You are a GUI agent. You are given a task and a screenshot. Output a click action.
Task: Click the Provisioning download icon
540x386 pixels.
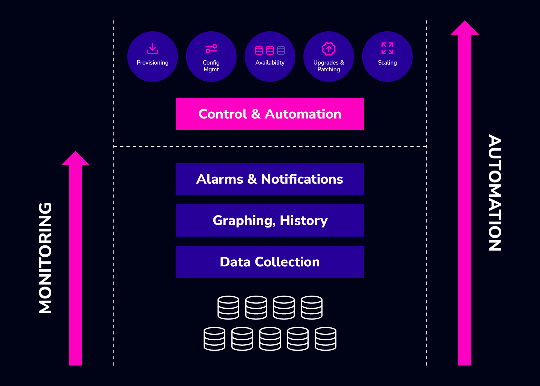153,48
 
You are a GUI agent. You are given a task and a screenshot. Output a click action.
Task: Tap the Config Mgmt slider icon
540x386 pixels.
211,48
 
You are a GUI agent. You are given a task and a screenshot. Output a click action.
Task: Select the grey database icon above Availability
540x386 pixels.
281,50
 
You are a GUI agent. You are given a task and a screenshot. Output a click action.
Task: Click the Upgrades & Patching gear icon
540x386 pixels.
329,49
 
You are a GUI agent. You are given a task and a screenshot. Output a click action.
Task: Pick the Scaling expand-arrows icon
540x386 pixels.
387,48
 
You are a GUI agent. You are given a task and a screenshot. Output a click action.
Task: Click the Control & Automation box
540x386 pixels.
270,114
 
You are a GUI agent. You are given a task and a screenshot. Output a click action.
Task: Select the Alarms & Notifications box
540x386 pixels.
270,179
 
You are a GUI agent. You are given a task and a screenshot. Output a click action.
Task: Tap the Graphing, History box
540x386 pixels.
270,220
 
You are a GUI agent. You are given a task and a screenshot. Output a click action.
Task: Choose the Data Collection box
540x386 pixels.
270,262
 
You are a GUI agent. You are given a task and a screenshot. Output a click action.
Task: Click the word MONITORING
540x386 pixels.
45,258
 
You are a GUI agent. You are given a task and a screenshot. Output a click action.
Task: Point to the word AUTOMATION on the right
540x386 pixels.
495,192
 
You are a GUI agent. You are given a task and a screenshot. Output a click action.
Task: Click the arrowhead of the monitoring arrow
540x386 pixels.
75,159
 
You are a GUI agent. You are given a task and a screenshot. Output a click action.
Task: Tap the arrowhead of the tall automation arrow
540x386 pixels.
464,28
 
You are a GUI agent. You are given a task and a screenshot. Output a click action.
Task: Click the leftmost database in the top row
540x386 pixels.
228,308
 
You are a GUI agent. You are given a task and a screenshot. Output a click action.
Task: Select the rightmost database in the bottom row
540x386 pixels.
326,339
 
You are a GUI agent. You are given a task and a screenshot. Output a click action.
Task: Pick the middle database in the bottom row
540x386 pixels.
270,339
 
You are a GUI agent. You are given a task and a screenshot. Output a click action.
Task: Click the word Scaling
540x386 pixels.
387,63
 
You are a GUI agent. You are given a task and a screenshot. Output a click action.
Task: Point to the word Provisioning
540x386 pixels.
153,63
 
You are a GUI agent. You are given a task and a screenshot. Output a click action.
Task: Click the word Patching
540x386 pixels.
329,69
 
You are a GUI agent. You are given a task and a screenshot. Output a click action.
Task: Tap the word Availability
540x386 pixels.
270,63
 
